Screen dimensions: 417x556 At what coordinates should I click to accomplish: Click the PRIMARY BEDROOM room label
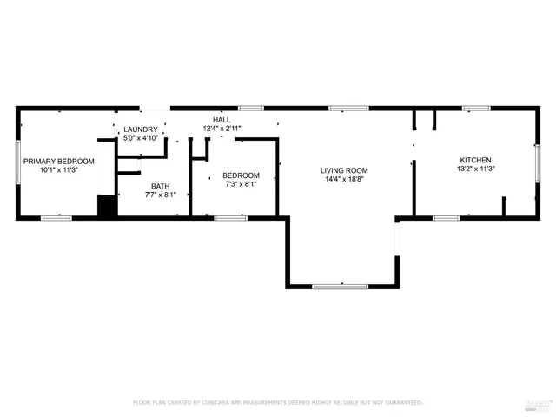tap(58, 161)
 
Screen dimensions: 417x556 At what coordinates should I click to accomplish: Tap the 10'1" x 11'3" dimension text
tap(58, 170)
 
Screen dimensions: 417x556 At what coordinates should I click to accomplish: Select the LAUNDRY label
tap(141, 129)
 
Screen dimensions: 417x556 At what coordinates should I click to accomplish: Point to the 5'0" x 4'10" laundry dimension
tap(141, 137)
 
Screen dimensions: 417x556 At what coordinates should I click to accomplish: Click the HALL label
tap(222, 119)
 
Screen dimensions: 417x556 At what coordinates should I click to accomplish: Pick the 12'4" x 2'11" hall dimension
tap(222, 129)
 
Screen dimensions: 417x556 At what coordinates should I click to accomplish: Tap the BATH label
tap(161, 186)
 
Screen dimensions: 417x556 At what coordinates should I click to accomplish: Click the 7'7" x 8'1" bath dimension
tap(161, 195)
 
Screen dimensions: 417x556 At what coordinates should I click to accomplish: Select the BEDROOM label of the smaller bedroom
tap(241, 175)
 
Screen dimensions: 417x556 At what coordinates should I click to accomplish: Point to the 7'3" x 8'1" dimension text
tap(241, 184)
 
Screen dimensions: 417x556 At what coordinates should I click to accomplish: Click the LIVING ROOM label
tap(344, 170)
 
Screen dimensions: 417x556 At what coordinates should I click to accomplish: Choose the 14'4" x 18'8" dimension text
tap(344, 180)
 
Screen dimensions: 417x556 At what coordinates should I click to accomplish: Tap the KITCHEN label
tap(475, 160)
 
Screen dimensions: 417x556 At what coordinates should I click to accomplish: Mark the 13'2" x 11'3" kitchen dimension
tap(475, 169)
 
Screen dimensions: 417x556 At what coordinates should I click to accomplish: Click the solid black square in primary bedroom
tap(107, 208)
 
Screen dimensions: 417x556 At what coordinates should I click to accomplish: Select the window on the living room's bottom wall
tap(341, 286)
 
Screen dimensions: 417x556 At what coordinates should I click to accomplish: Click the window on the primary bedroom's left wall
tap(18, 162)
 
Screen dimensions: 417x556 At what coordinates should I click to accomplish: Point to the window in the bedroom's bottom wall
tap(230, 217)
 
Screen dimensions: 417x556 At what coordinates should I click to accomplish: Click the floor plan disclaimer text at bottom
tap(277, 402)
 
